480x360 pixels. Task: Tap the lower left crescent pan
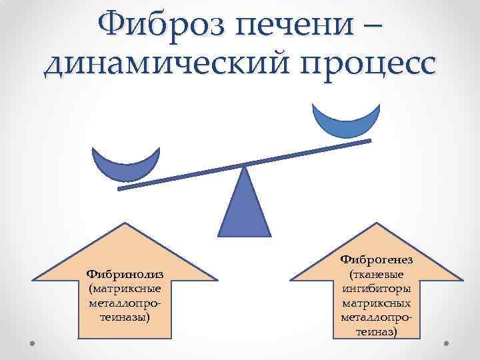click(x=126, y=167)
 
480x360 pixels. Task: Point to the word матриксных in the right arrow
click(x=377, y=302)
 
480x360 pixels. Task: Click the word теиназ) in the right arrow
click(x=377, y=331)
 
